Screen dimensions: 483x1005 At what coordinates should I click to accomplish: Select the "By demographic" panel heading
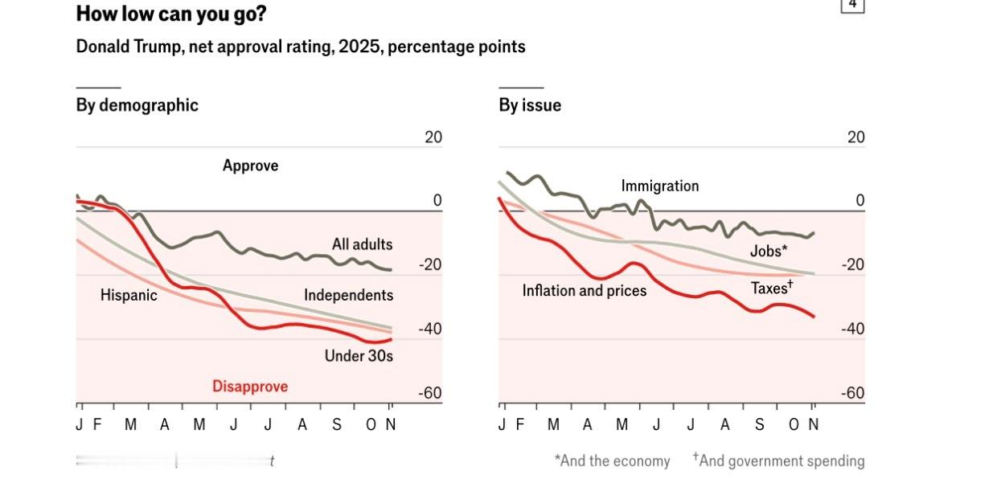137,105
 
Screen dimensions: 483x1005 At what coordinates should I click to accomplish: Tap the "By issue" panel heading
530,105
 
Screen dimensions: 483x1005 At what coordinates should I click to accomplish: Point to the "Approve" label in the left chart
250,166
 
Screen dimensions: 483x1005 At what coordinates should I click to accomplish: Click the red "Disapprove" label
250,387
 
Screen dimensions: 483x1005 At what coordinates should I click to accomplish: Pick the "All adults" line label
362,244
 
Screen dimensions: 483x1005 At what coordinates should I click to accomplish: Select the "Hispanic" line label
129,295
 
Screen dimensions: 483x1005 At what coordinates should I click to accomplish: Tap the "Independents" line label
348,295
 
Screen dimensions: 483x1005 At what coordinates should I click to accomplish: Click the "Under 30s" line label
359,355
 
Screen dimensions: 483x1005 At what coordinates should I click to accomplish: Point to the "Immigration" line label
660,186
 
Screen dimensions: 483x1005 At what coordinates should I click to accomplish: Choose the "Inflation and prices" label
585,290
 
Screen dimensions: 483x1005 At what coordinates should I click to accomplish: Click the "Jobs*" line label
769,251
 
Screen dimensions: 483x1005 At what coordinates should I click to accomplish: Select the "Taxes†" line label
772,288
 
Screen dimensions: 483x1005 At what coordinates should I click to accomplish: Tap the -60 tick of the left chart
431,393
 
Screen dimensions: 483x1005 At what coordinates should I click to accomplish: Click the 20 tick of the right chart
855,137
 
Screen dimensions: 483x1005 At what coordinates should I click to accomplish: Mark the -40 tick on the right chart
852,329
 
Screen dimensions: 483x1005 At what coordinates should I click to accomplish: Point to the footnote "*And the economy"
612,461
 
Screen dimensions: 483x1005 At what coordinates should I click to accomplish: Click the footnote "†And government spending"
778,460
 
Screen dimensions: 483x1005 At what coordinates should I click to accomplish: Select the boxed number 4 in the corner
852,5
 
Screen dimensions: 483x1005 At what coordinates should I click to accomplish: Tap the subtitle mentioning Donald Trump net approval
301,47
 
